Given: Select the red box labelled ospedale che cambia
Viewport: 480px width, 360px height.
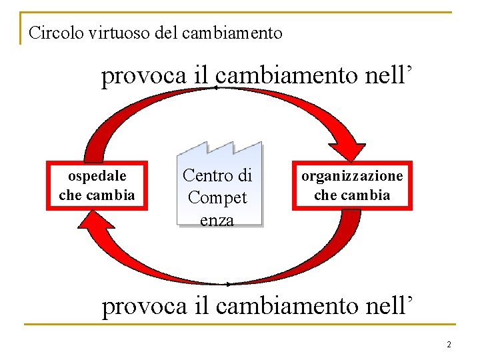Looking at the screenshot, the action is coord(97,185).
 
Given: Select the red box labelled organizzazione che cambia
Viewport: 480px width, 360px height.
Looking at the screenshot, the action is coord(352,185).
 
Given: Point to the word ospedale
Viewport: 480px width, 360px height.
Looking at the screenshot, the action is coord(97,177).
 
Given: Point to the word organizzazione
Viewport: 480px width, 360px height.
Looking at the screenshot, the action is coord(352,177).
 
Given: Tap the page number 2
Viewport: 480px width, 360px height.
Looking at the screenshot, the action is coord(449,345).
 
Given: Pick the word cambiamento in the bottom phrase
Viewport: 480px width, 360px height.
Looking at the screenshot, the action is coord(288,306).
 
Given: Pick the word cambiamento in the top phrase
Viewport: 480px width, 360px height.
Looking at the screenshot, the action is coord(288,77).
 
